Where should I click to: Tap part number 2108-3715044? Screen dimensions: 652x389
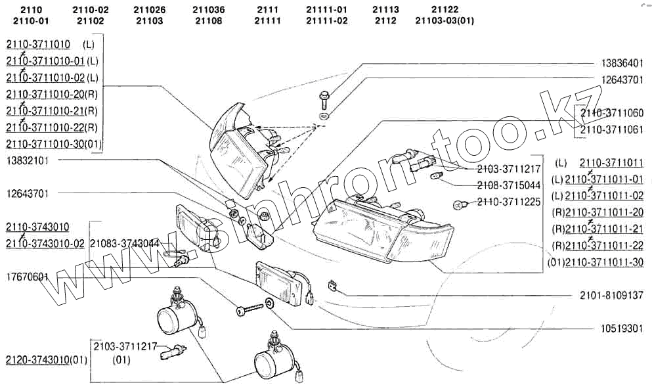coord(509,186)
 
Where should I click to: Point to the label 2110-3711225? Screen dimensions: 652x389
coord(509,202)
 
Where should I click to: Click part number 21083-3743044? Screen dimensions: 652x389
coord(124,243)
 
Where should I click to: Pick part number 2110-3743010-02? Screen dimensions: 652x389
coord(45,244)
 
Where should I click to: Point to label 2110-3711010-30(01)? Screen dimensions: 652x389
coord(53,145)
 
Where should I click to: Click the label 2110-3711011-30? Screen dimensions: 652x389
coord(603,263)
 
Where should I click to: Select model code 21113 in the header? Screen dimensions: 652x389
coord(385,10)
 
